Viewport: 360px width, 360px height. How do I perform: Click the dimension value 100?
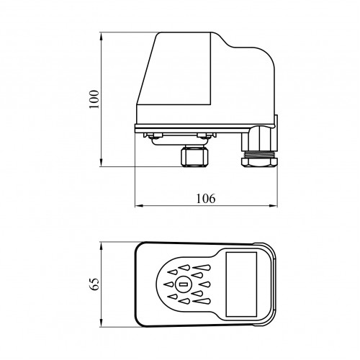click(x=94, y=99)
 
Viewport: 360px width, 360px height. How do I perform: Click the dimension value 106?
click(x=206, y=199)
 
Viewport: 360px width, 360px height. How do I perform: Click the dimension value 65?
click(x=94, y=284)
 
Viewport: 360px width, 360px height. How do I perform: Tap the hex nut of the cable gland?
click(x=259, y=161)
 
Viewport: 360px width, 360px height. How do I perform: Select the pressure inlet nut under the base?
click(x=194, y=157)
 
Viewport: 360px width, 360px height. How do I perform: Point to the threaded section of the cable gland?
click(x=259, y=154)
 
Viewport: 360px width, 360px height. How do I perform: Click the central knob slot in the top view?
click(x=184, y=284)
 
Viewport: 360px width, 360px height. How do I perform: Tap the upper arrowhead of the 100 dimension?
click(x=102, y=37)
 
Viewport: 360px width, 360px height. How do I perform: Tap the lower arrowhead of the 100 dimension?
click(x=102, y=161)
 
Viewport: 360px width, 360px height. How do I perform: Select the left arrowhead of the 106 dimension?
click(x=140, y=206)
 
